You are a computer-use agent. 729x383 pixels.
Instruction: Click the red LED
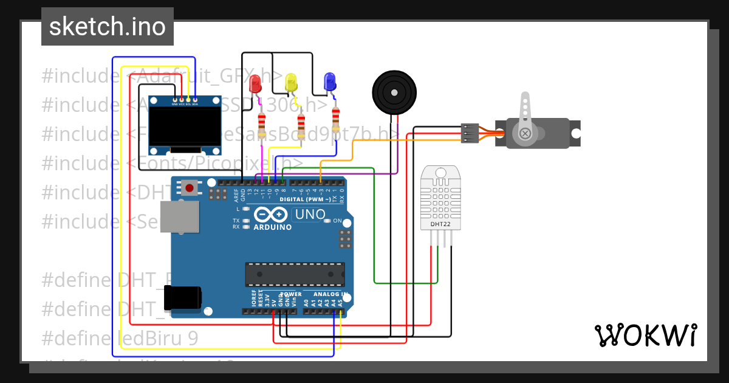(255, 83)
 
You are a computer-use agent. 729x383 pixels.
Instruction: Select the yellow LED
(292, 82)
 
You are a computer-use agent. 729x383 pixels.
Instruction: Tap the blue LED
(330, 82)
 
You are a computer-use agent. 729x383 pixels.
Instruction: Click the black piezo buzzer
(395, 92)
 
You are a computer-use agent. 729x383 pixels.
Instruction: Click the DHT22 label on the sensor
(440, 224)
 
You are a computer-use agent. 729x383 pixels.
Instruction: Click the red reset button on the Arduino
(190, 188)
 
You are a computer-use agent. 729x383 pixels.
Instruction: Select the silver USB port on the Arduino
(179, 217)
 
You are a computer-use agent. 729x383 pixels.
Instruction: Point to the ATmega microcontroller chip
(295, 274)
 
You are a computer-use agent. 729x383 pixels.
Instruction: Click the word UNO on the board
(310, 215)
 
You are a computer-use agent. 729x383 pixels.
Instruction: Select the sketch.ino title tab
(108, 27)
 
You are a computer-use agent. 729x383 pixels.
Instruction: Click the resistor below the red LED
(262, 126)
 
